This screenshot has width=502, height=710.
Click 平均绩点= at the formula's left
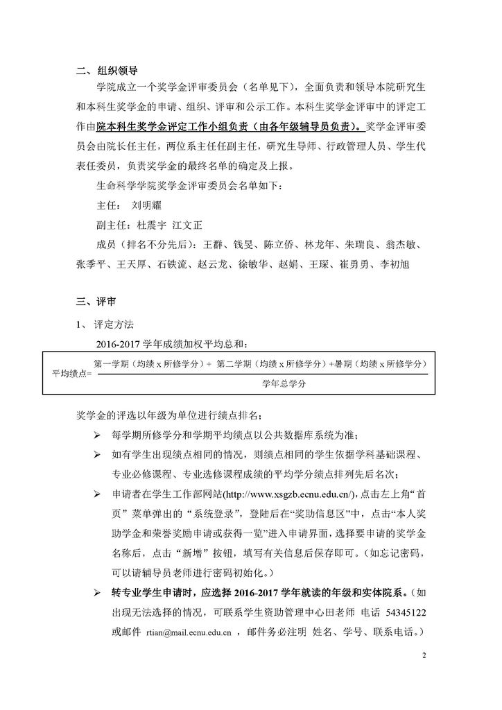[71, 374]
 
